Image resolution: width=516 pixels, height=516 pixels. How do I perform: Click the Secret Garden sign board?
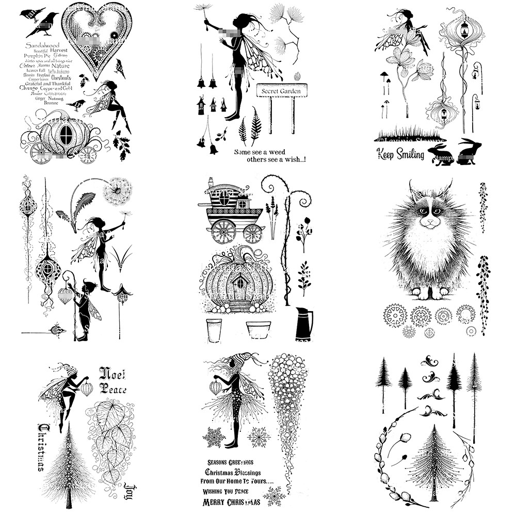[281, 90]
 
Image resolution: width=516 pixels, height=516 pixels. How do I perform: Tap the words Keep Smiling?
[400, 154]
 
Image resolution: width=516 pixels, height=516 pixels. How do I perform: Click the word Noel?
[112, 373]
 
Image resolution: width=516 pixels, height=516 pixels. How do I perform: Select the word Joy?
[129, 488]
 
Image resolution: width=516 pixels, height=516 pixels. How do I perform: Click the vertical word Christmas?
[42, 447]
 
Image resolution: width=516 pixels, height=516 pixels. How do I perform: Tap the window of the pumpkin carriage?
[66, 135]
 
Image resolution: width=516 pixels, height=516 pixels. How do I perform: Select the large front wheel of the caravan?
[223, 231]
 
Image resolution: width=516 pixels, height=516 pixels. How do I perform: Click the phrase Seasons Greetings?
[233, 462]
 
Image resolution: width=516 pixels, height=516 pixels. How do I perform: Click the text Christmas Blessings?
[233, 472]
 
